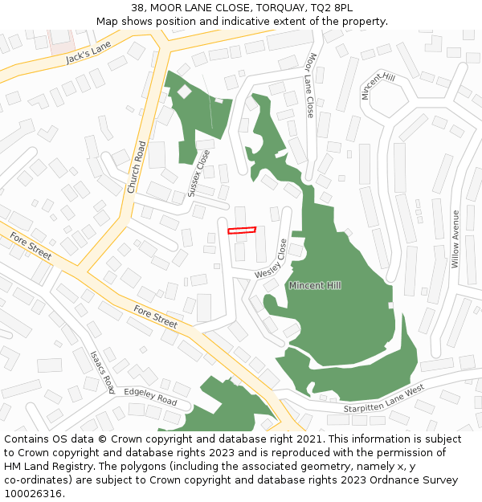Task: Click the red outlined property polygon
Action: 241,231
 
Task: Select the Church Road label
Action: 136,167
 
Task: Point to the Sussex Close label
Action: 198,173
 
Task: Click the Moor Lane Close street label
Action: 310,86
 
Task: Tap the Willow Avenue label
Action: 455,239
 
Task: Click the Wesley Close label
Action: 272,259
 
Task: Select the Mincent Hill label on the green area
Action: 315,285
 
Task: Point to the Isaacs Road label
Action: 102,371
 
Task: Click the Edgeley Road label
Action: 150,397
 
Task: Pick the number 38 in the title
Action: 136,7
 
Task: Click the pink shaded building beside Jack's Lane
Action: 61,40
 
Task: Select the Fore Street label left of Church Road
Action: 31,246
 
